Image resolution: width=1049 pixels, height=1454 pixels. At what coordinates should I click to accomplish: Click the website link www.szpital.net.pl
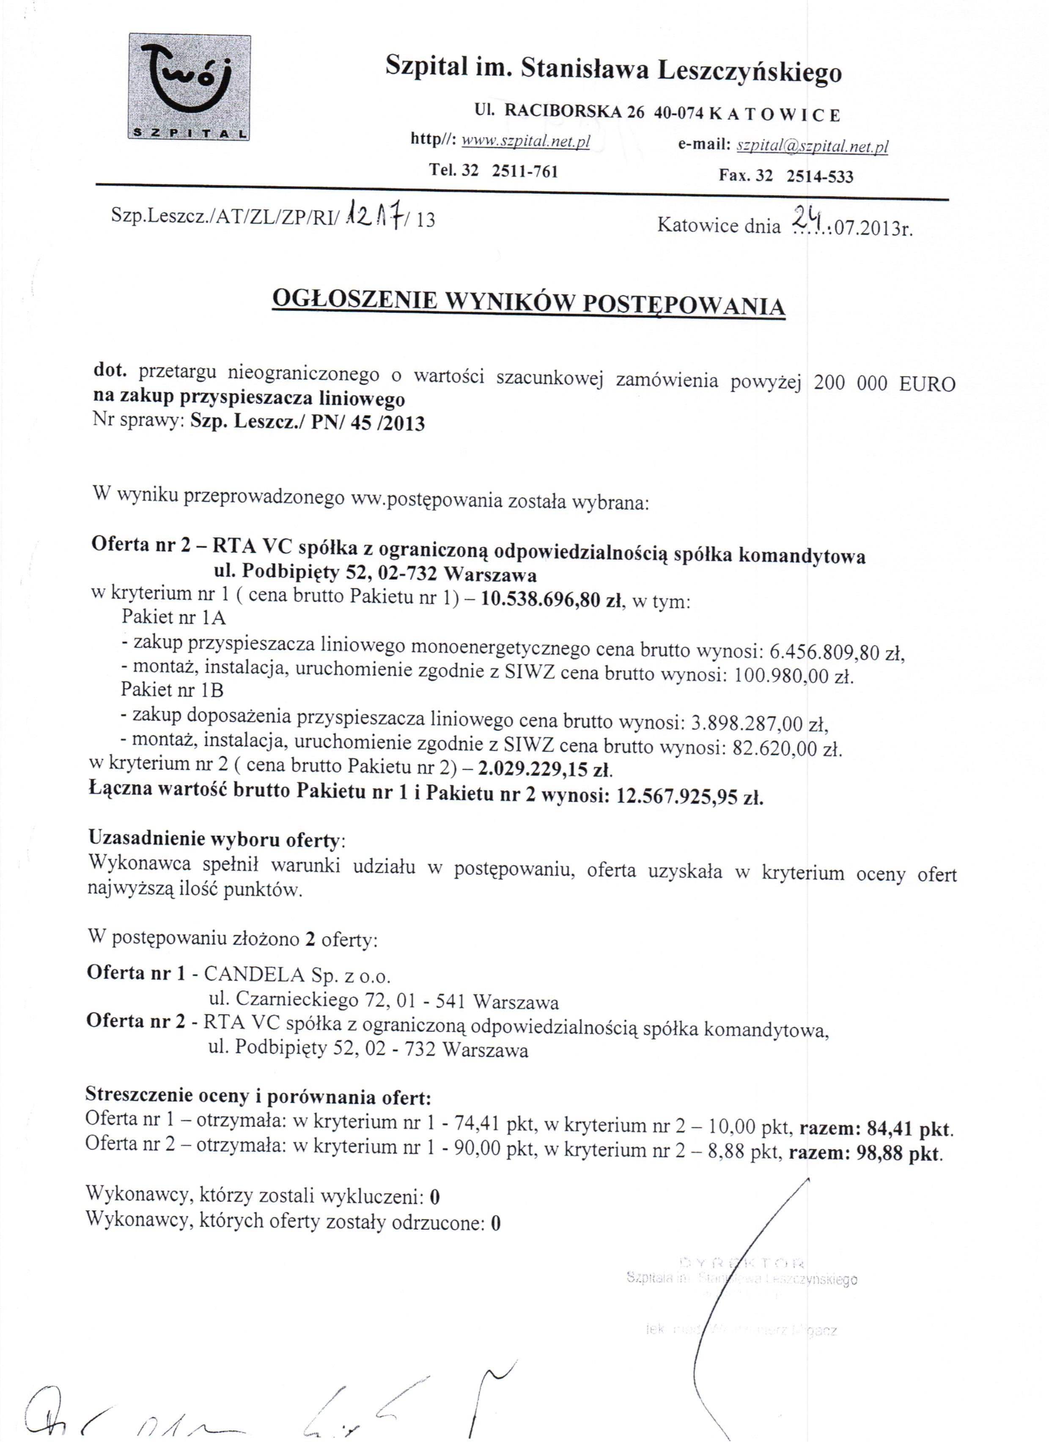tap(525, 141)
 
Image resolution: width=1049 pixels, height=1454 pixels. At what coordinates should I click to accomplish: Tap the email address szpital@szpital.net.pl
tap(813, 146)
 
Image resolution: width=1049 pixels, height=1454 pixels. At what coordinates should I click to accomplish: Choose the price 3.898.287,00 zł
tap(758, 724)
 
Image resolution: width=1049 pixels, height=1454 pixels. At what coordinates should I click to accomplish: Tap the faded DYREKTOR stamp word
tap(741, 1263)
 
